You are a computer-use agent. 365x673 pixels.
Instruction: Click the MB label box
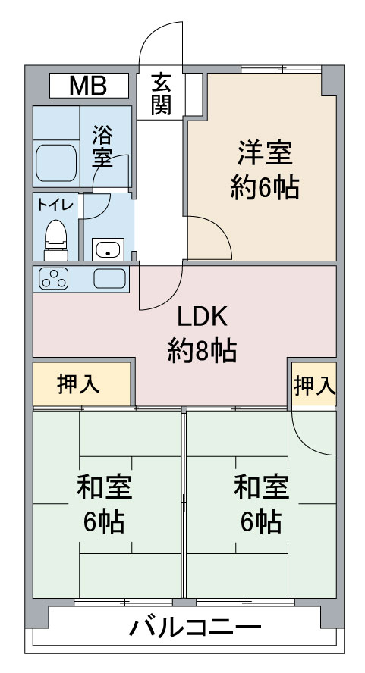coord(89,86)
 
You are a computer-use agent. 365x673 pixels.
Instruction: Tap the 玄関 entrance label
coord(161,95)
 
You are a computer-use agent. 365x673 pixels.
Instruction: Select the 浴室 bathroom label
coord(102,146)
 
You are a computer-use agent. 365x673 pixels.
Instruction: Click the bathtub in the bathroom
coord(56,163)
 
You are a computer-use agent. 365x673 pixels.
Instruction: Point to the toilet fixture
coord(56,239)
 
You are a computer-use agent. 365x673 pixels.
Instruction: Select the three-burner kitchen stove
coord(54,278)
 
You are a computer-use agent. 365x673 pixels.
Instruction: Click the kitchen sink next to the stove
coord(110,279)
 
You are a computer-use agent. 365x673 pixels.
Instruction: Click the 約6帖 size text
coord(264,187)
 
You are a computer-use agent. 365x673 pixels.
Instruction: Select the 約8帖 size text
coord(202,350)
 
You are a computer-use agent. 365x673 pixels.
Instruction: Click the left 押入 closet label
coord(79,383)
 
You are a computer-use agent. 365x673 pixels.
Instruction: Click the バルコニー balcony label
coord(195,628)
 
